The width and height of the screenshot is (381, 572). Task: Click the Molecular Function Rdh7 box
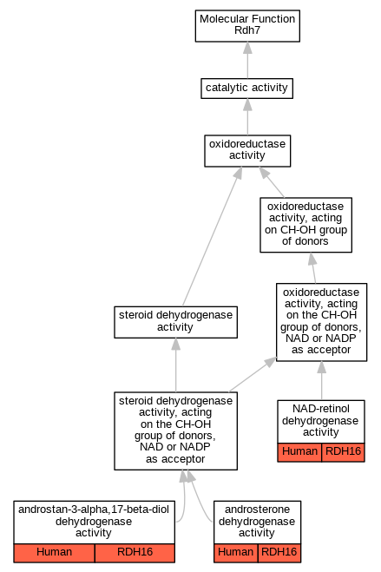click(247, 26)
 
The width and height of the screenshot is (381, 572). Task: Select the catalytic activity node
click(246, 89)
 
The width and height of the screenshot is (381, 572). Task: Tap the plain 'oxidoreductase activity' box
click(247, 151)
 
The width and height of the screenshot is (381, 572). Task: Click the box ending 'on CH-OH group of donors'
click(305, 225)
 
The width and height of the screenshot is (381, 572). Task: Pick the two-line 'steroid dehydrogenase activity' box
click(175, 322)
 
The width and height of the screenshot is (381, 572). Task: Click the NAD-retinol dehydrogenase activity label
click(321, 421)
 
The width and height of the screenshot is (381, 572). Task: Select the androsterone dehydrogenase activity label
click(257, 522)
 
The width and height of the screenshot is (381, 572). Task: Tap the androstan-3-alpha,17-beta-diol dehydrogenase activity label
click(94, 522)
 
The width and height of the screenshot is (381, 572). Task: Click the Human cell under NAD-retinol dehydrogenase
click(299, 452)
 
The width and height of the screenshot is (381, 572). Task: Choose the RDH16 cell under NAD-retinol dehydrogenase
click(343, 452)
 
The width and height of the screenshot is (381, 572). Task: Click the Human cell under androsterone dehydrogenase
click(235, 553)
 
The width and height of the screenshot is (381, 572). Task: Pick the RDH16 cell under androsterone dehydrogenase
click(279, 553)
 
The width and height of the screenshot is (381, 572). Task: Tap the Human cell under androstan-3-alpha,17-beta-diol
click(55, 553)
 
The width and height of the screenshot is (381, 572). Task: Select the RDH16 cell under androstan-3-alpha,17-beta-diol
click(135, 553)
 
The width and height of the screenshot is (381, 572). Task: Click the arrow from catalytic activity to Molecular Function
click(247, 60)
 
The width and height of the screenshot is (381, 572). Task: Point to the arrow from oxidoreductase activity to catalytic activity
click(247, 116)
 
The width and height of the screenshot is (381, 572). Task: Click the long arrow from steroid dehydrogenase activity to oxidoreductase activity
click(212, 236)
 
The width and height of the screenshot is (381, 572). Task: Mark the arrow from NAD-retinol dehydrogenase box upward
click(322, 380)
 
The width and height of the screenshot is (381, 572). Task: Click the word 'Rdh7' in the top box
click(247, 30)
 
